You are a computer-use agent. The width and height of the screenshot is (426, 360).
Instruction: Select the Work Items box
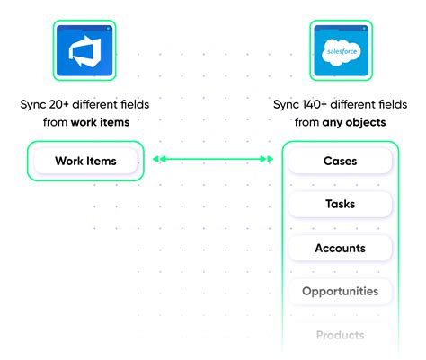(x=84, y=161)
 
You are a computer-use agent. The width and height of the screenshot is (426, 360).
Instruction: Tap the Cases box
(x=340, y=161)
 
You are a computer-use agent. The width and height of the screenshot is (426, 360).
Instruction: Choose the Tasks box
(x=340, y=204)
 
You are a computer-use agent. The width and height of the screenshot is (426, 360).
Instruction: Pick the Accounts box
(x=340, y=248)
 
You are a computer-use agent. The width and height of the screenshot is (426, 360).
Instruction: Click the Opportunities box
(x=340, y=291)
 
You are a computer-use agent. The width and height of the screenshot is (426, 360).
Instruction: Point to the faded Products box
(x=340, y=335)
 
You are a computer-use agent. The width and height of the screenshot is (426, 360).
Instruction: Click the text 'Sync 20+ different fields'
(x=84, y=104)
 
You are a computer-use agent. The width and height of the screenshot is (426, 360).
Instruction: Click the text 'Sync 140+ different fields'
(x=340, y=104)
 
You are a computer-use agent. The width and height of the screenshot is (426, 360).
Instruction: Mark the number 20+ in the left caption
(x=60, y=104)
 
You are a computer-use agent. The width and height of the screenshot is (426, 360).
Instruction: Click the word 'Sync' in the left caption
(x=33, y=104)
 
